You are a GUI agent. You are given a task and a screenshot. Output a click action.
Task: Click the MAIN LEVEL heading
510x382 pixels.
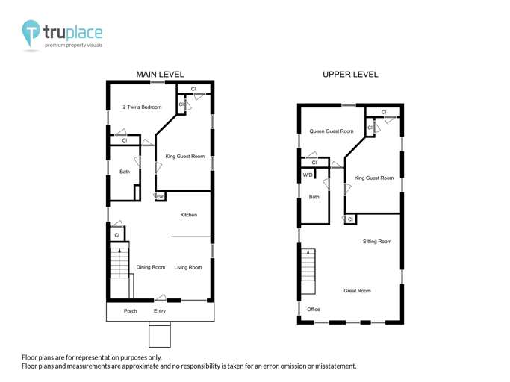160,75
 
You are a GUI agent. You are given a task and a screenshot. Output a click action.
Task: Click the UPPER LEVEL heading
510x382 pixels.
350,75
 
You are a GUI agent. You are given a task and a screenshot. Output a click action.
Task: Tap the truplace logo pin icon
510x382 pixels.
31,33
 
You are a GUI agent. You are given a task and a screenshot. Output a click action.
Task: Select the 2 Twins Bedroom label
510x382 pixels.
142,107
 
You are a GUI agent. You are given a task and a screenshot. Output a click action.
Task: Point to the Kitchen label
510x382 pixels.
189,215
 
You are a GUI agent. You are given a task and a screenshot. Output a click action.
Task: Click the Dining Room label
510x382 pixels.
151,267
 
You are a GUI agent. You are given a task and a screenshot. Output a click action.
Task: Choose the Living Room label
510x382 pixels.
188,267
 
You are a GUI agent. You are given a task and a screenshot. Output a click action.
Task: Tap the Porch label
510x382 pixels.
131,311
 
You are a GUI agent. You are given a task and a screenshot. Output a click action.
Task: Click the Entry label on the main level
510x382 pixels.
160,311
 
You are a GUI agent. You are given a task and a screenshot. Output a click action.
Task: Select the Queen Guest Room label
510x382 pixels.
332,131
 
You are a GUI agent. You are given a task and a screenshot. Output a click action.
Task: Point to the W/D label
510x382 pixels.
308,175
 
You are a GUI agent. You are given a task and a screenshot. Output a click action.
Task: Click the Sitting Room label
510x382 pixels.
377,242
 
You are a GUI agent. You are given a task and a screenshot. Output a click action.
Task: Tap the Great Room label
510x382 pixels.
357,291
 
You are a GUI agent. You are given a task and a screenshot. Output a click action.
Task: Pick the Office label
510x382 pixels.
314,310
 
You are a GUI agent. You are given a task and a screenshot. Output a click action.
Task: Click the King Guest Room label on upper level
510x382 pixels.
374,178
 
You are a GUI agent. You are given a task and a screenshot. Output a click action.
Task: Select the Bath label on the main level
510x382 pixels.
125,172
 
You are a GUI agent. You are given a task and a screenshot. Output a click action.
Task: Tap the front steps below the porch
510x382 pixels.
160,334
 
